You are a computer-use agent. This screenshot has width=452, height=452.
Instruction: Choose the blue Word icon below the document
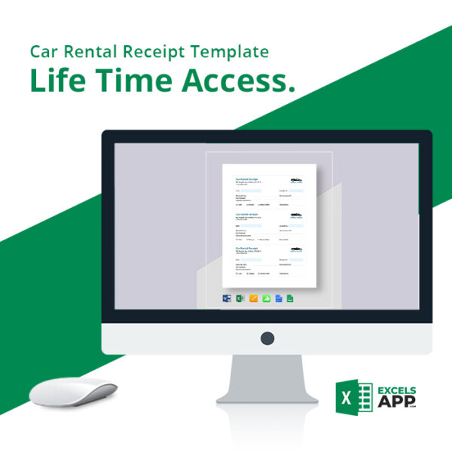coord(226,298)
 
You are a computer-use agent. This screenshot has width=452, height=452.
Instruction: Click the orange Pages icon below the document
coord(254,298)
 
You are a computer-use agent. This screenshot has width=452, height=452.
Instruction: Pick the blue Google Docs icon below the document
coord(278,298)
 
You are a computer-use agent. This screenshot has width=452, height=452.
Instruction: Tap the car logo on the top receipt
coord(295,180)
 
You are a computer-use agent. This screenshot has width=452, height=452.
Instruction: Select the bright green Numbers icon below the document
coord(266,298)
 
